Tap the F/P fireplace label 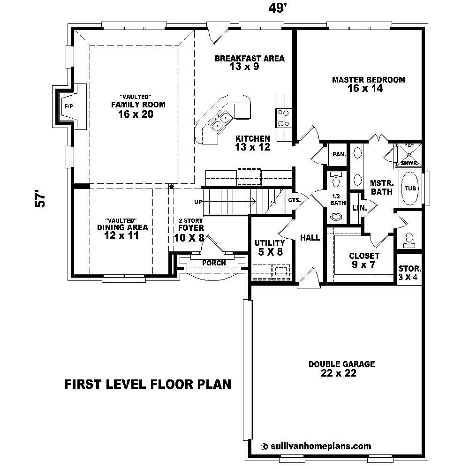coord(69,106)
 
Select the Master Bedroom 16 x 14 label coord(368,84)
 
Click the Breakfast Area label coord(250,62)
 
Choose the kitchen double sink coord(220,121)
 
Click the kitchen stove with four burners coord(284,118)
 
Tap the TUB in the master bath coord(410,189)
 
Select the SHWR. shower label coord(409,163)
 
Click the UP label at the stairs coord(198,202)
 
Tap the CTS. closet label coord(295,200)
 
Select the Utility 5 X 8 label coord(269,247)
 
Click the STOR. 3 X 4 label coord(409,273)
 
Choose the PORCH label coord(214,263)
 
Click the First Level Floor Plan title coord(148,385)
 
